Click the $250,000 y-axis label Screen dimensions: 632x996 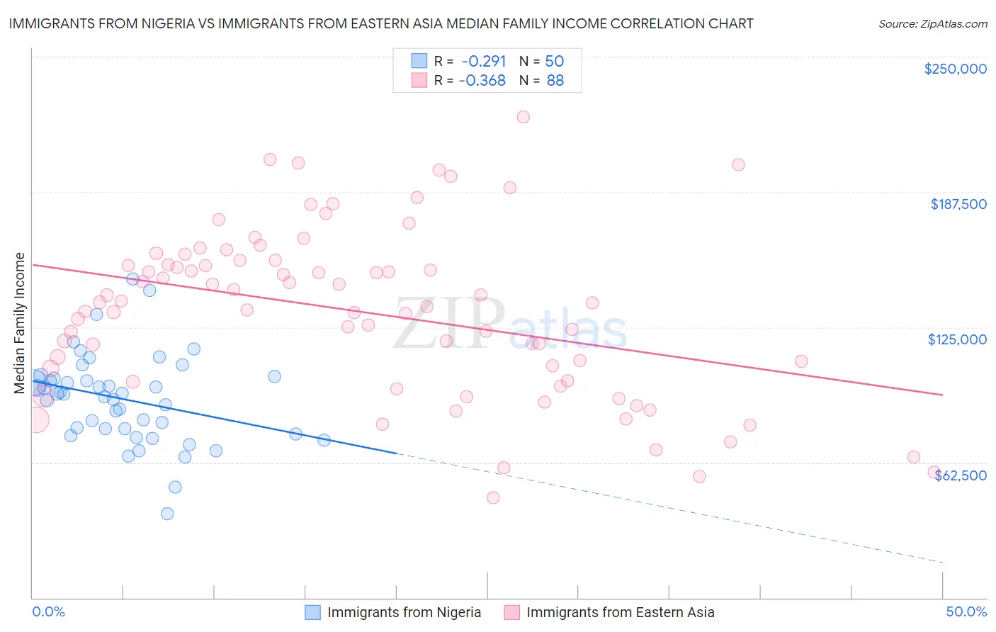955,69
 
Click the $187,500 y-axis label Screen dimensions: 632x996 958,204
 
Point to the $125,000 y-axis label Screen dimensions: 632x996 957,339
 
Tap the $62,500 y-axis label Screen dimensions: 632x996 960,475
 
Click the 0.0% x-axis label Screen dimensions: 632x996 48,611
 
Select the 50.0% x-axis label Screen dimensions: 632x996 966,611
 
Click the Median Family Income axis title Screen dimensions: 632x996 20,323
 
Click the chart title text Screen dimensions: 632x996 380,23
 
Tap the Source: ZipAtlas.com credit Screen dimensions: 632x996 932,23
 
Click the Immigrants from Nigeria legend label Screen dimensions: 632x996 404,612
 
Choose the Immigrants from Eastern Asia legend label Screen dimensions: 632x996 620,612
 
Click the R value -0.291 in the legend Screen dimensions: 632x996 484,61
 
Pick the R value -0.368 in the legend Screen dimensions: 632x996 482,80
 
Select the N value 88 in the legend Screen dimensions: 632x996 555,80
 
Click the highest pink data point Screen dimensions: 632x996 523,117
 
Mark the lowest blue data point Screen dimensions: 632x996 167,514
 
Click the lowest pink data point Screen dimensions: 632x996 493,497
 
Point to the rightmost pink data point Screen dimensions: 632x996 934,472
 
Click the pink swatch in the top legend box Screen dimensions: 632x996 419,80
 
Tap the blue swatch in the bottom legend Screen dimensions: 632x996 312,612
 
